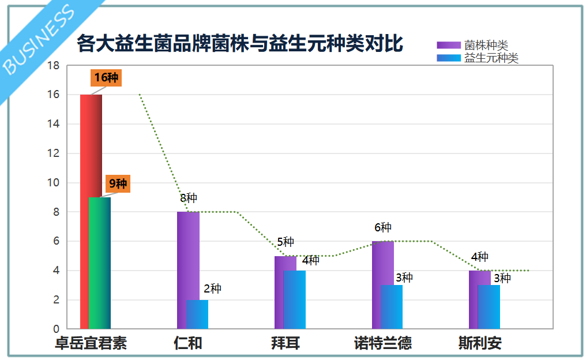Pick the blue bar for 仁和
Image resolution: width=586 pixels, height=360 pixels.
197,314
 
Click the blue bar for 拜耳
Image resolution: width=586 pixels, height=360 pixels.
295,299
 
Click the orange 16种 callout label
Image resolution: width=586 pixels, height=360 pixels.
106,78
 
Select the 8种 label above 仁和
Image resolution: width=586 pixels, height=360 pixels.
189,198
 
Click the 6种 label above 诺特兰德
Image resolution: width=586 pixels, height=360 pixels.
382,228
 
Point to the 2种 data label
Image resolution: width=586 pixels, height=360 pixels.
212,288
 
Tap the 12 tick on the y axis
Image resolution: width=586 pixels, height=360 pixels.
53,153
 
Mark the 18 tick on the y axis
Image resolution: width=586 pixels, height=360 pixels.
53,66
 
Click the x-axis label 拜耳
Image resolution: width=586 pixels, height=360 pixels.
285,343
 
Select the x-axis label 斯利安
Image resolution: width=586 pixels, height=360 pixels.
480,343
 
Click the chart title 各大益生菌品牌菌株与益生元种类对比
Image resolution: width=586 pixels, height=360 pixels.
239,44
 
